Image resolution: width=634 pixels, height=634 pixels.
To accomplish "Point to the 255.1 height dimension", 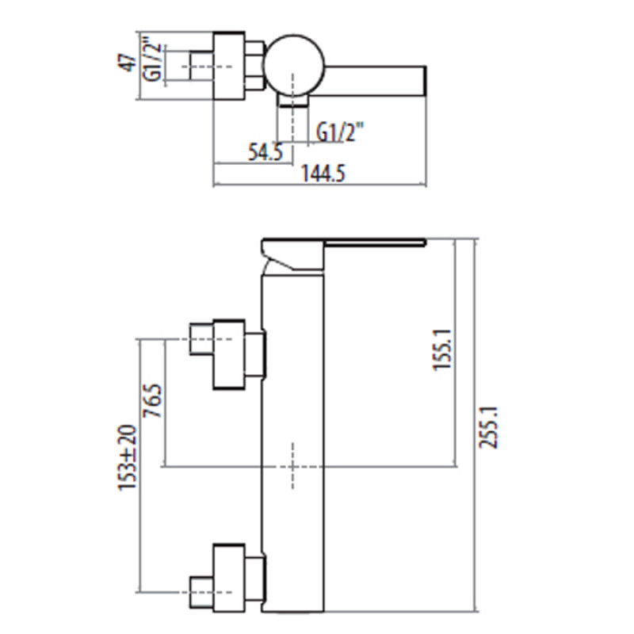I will point(489,429).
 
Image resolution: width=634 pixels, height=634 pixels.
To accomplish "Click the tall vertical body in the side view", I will point(292,444).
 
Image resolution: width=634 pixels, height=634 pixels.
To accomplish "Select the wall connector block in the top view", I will point(230,65).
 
